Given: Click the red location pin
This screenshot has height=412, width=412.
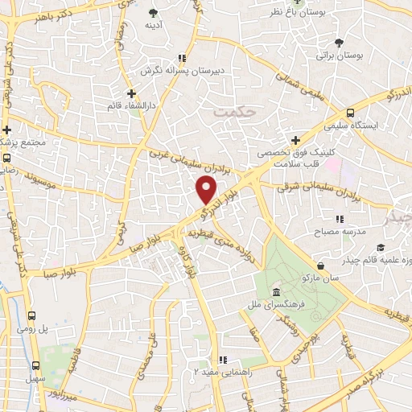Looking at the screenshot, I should click(207, 190).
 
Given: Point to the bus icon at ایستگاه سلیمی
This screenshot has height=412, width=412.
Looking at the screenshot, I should click(350, 113).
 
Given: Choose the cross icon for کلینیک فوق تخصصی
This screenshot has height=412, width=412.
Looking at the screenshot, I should click(296, 140).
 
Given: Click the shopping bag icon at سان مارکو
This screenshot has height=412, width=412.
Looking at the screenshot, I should click(322, 265).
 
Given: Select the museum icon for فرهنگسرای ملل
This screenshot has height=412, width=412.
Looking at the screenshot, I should click(276, 291).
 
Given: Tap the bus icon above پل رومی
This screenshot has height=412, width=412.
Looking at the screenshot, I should click(32, 316).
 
